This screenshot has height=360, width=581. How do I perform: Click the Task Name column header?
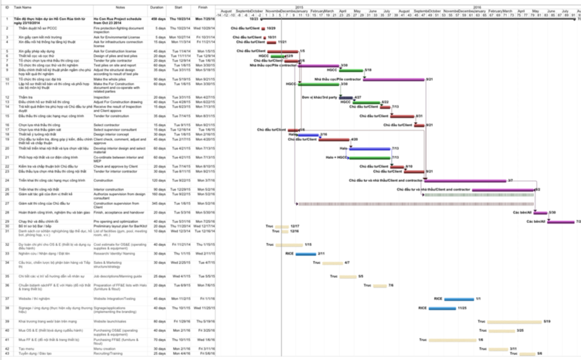point(22,7)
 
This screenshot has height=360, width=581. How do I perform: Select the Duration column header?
point(157,7)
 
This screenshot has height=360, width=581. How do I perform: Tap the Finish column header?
point(203,7)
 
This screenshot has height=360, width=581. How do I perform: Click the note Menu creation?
point(105,348)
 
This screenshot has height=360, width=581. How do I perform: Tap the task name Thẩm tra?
point(25,98)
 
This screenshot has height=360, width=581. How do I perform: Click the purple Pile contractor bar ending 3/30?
point(318,65)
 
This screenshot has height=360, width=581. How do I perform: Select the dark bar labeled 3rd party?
point(346,98)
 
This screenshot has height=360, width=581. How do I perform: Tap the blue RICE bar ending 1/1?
point(460,299)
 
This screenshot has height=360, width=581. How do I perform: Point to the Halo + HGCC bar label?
point(337,158)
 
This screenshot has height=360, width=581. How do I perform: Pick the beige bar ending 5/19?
point(514,321)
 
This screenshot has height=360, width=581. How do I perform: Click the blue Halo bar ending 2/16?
point(309,135)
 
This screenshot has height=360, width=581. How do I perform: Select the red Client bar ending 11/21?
point(272,42)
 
